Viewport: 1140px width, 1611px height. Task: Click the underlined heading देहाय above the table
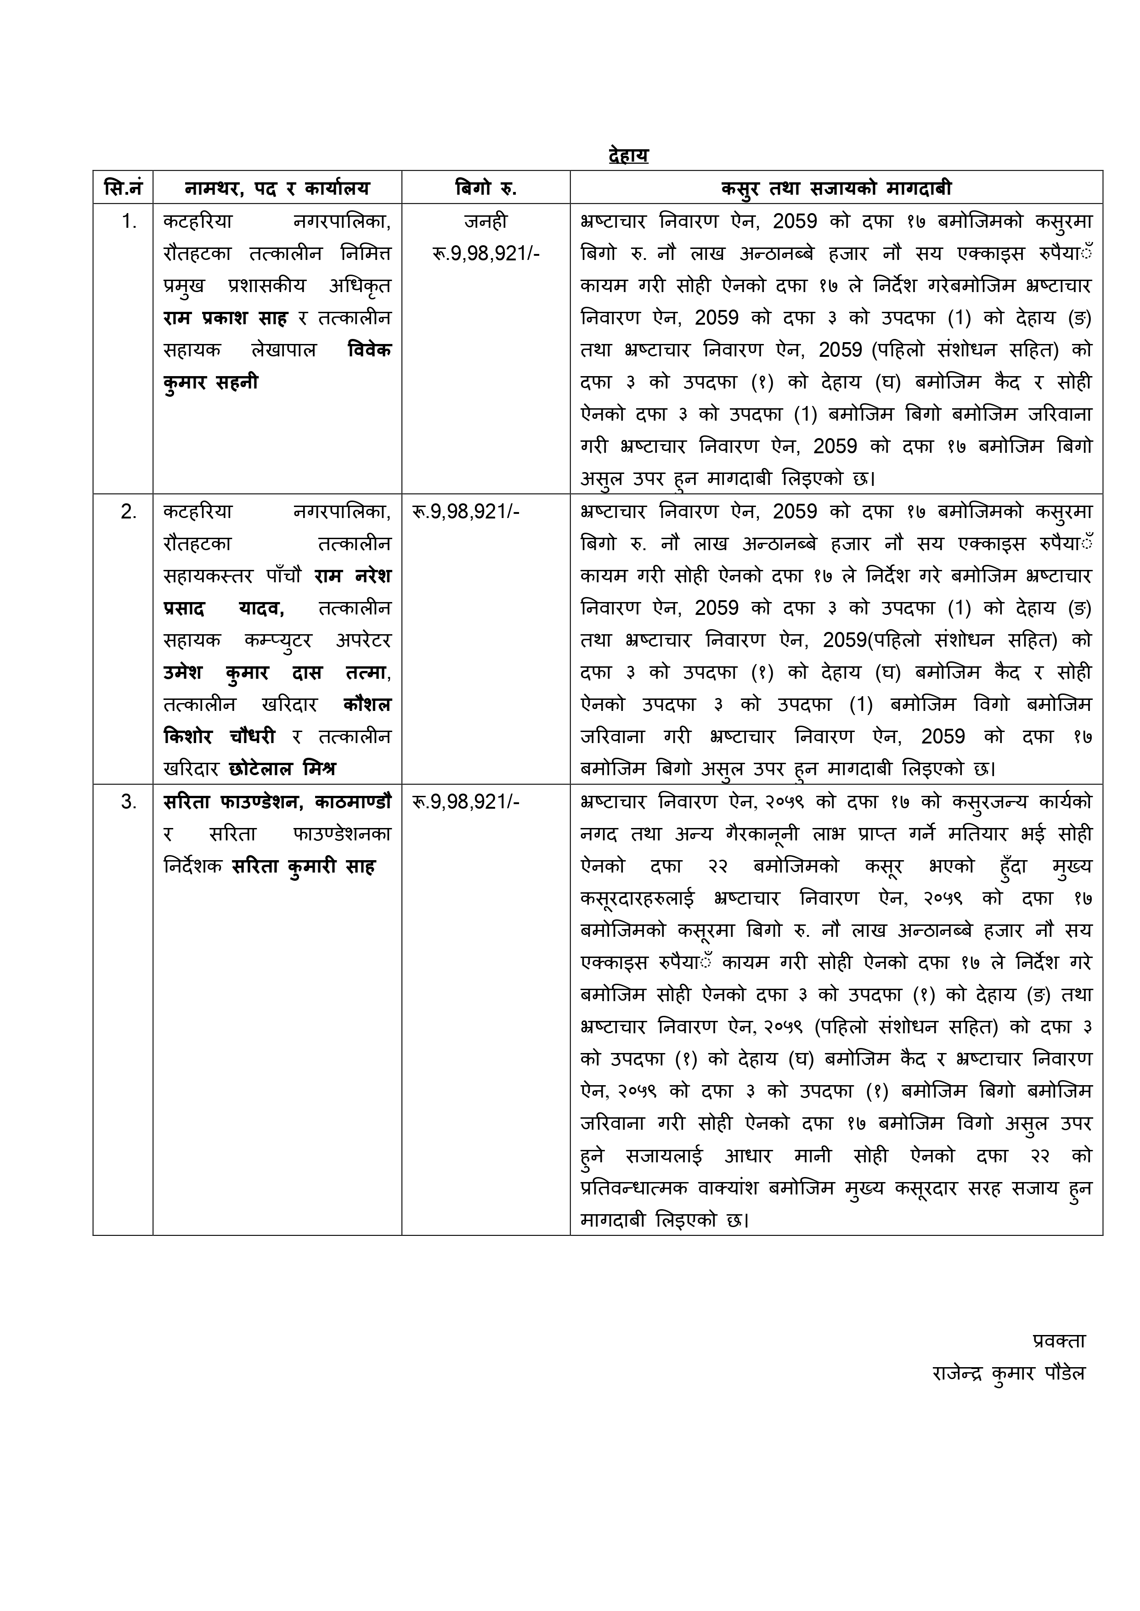point(628,155)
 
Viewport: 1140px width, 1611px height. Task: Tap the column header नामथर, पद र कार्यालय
point(277,187)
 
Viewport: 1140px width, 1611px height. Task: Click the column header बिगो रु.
point(486,187)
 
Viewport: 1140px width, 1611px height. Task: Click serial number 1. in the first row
point(129,222)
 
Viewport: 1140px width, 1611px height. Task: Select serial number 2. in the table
point(129,512)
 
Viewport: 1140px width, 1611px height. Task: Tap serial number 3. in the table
point(129,802)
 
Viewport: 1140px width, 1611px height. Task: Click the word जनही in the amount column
point(486,222)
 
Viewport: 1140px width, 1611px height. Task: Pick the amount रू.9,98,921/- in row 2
point(466,512)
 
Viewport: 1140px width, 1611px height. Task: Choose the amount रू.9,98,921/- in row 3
point(466,802)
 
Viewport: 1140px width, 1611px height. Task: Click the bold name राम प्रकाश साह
point(225,318)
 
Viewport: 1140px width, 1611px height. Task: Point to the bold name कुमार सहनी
point(210,383)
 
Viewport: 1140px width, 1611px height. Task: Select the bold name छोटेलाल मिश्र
point(282,769)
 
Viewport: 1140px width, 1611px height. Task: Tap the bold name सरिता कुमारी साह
point(303,867)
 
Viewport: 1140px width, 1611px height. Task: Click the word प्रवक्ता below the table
point(1059,1340)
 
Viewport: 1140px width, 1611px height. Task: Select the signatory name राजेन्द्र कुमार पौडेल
point(1008,1373)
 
